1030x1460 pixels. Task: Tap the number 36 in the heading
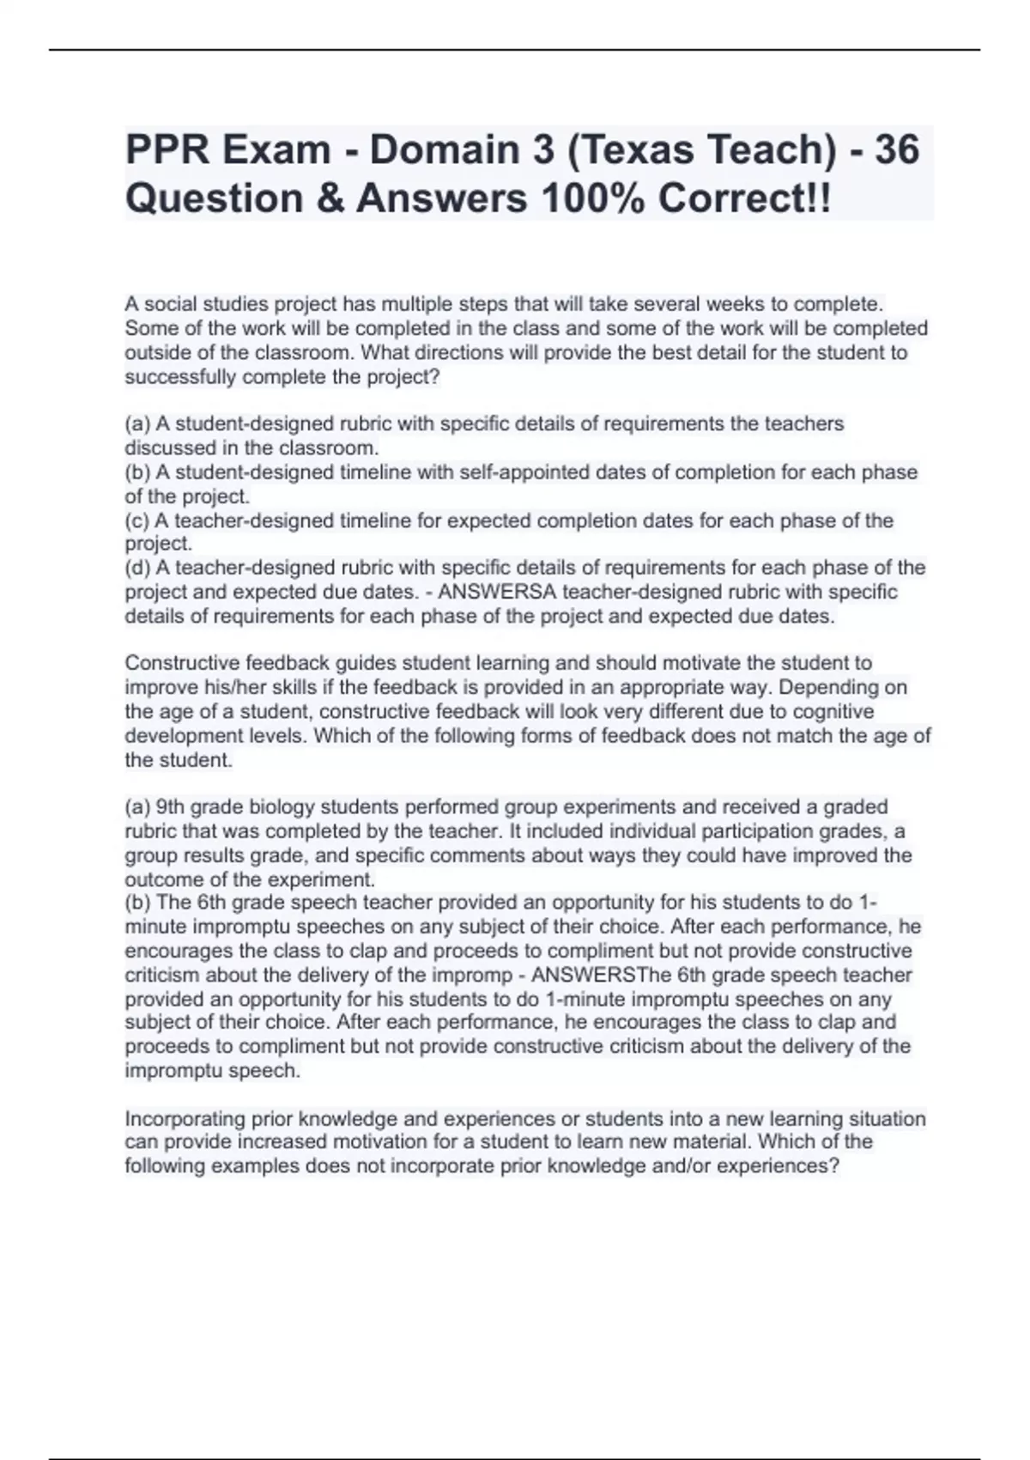tap(896, 150)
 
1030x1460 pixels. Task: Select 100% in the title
tap(591, 199)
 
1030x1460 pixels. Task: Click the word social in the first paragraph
tap(173, 304)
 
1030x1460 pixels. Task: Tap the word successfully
tap(181, 377)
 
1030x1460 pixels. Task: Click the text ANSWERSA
tap(505, 592)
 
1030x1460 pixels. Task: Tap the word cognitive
tap(832, 712)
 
